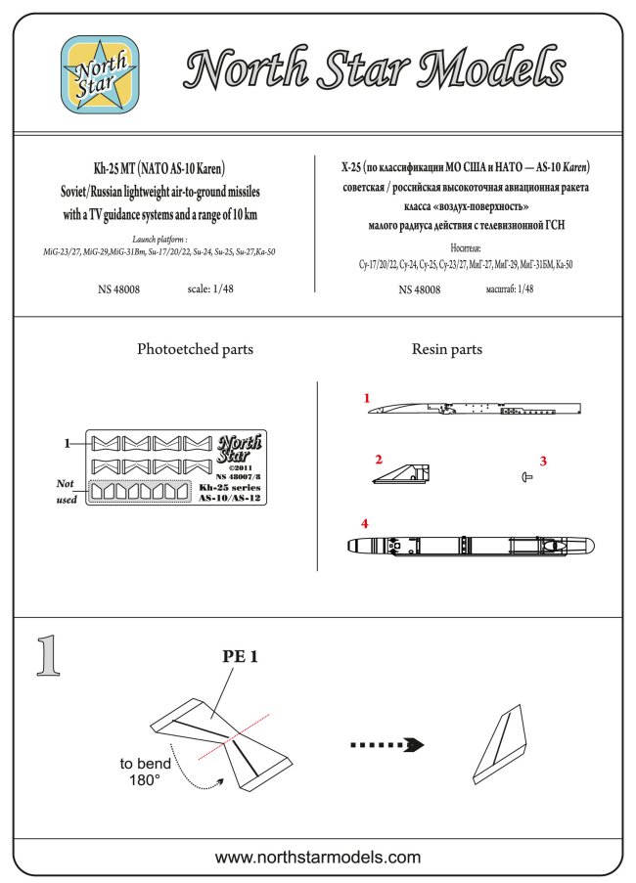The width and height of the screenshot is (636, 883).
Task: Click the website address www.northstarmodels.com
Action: [318, 858]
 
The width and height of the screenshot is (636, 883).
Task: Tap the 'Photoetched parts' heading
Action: [195, 349]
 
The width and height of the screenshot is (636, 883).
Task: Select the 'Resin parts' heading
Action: [447, 349]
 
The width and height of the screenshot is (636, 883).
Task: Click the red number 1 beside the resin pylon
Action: [367, 399]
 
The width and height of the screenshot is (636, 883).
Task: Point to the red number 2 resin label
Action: [379, 458]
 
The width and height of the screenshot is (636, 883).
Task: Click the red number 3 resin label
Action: [544, 460]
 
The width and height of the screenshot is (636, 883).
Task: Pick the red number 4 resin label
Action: [365, 524]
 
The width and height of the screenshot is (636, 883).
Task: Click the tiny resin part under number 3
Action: [527, 476]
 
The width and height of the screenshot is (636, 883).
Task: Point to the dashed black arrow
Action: [386, 744]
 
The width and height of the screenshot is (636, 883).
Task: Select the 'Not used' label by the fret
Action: [66, 491]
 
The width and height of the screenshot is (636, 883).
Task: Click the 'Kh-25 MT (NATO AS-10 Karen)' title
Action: [159, 167]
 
